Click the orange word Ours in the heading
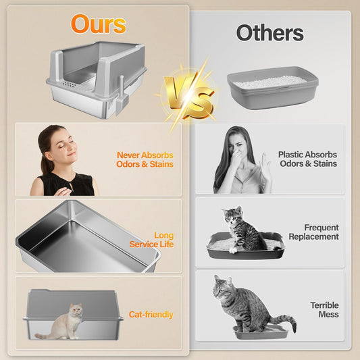tap(99, 24)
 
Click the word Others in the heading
tap(269, 32)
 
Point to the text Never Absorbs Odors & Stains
tap(145, 159)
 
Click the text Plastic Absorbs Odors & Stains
tap(307, 159)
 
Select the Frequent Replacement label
tap(313, 232)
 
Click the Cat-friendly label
tap(151, 315)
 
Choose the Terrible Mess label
tap(324, 310)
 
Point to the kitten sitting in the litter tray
tap(244, 230)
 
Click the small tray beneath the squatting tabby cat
tap(259, 332)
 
